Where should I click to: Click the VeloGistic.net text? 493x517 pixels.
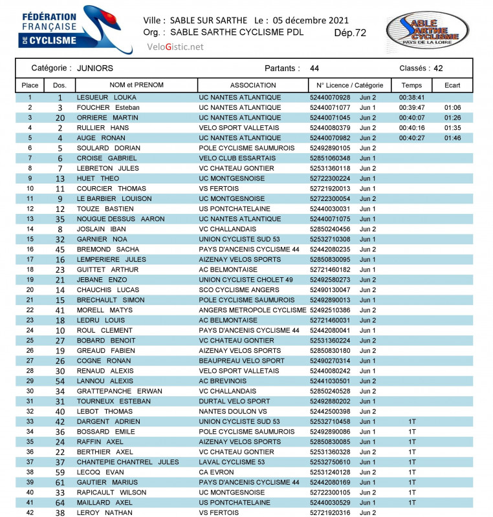175,47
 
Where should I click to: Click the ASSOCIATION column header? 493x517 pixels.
253,85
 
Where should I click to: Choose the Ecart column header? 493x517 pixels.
453,85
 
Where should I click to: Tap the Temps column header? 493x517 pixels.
411,85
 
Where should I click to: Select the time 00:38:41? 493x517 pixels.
411,98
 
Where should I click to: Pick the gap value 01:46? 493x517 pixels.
452,138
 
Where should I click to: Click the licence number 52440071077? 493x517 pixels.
330,107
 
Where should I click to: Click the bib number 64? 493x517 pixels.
60,502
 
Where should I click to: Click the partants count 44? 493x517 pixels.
314,68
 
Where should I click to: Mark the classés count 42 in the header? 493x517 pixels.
438,68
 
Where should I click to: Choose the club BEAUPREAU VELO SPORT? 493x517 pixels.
241,361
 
